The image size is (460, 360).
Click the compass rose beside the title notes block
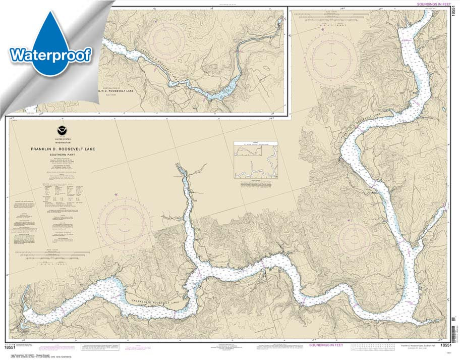tap(124, 222)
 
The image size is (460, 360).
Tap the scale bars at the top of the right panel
tap(331, 20)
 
